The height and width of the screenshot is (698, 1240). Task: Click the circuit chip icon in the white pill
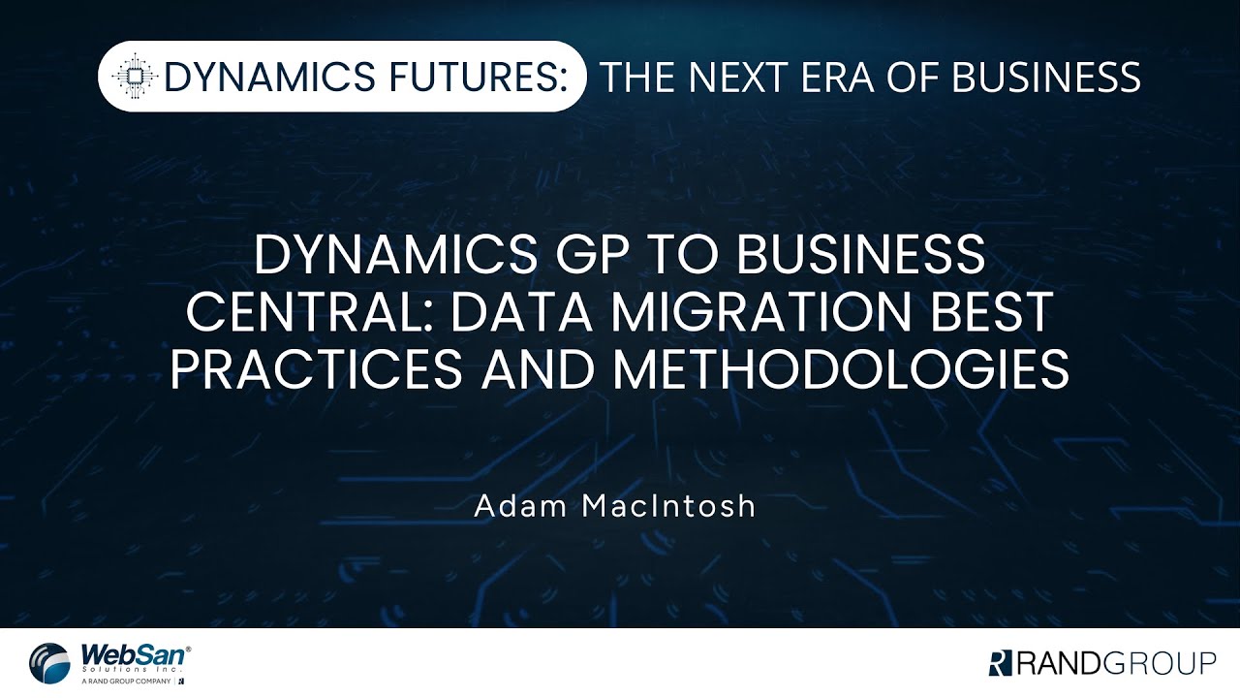[x=135, y=77]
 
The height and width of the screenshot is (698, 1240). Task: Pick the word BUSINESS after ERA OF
[x=1047, y=77]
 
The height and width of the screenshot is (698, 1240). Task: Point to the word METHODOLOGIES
[x=841, y=369]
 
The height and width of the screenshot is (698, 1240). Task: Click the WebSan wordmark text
[x=134, y=653]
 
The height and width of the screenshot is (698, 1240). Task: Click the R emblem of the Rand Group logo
[x=999, y=663]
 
